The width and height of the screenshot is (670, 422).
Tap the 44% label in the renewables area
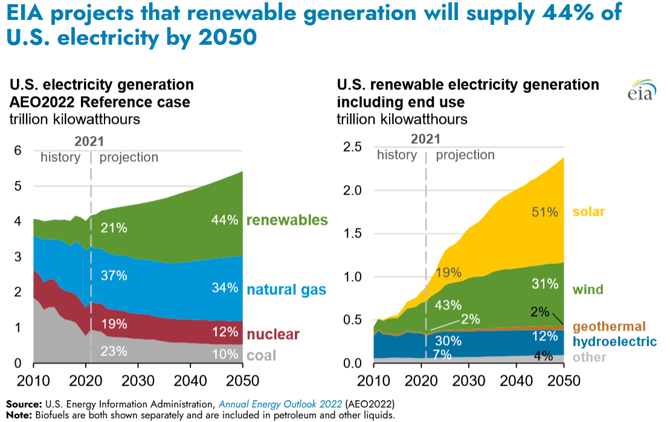[225, 220]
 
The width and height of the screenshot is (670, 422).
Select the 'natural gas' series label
[286, 290]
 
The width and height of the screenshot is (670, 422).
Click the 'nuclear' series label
[273, 334]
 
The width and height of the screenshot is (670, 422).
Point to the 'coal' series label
[261, 355]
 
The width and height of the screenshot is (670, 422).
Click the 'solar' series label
[588, 212]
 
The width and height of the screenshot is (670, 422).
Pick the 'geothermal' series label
[609, 327]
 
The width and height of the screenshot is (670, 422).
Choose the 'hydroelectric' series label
[614, 342]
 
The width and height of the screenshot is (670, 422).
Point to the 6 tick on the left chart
[18, 151]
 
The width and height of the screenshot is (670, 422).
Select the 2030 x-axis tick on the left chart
[138, 380]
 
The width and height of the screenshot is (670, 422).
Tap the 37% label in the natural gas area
[114, 276]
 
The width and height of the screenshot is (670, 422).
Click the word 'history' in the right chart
[396, 155]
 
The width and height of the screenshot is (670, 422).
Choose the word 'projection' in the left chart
[129, 158]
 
